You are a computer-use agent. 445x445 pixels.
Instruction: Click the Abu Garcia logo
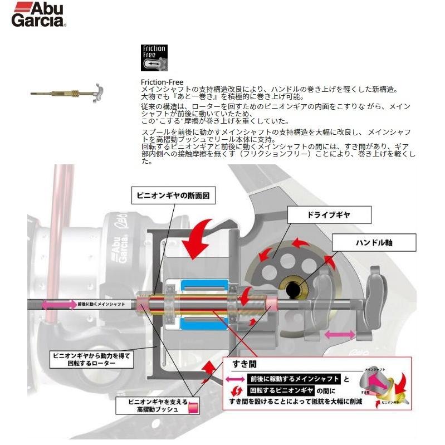coord(38,14)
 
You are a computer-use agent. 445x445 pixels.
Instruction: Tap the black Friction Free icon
coord(155,57)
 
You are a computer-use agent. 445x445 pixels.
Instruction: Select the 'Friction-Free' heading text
coord(162,82)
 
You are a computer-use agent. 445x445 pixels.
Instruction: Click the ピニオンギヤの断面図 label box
coord(173,195)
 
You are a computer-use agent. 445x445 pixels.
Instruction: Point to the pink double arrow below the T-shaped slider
coord(341,334)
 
